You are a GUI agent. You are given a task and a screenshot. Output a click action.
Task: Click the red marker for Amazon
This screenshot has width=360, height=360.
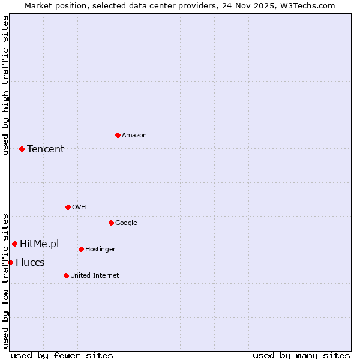[x=118, y=135]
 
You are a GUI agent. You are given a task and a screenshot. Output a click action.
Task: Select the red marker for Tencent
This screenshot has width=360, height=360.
[x=22, y=149]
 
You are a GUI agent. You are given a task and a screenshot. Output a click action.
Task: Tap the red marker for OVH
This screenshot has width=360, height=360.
[x=68, y=207]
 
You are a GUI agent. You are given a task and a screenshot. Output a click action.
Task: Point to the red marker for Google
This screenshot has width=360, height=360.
[x=111, y=223]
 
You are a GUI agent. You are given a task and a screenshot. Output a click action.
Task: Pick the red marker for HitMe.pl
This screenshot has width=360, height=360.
[x=14, y=244]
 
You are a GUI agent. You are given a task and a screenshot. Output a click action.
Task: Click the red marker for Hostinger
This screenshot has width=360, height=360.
[x=81, y=249]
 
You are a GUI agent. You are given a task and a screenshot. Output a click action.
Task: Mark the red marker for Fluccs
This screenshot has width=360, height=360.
[x=10, y=262]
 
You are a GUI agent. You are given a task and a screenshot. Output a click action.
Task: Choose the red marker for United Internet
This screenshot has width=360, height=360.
[x=66, y=275]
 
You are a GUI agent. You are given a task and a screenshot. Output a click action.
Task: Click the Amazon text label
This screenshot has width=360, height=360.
[x=134, y=136]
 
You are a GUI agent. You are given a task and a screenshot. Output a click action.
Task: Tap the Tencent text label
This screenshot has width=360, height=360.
[x=46, y=149]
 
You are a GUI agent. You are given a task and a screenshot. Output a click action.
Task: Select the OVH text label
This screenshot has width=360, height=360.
[x=79, y=208]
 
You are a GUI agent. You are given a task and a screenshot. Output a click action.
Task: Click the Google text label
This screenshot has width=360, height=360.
[x=126, y=223]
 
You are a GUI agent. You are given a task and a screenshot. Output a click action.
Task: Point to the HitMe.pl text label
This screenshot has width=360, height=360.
[x=40, y=244]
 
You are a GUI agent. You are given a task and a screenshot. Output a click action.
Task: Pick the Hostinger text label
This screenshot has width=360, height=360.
[x=100, y=250]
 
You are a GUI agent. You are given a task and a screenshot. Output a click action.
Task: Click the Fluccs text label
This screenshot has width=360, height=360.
[x=30, y=263]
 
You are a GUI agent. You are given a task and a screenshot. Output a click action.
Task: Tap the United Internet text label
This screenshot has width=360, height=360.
[x=94, y=276]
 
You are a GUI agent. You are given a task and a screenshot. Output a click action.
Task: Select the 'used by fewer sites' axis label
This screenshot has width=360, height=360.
[x=62, y=355]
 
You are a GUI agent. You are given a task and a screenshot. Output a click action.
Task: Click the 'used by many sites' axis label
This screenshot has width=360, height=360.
[x=301, y=355]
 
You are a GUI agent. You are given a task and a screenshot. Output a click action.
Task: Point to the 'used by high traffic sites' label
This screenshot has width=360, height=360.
[x=5, y=85]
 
